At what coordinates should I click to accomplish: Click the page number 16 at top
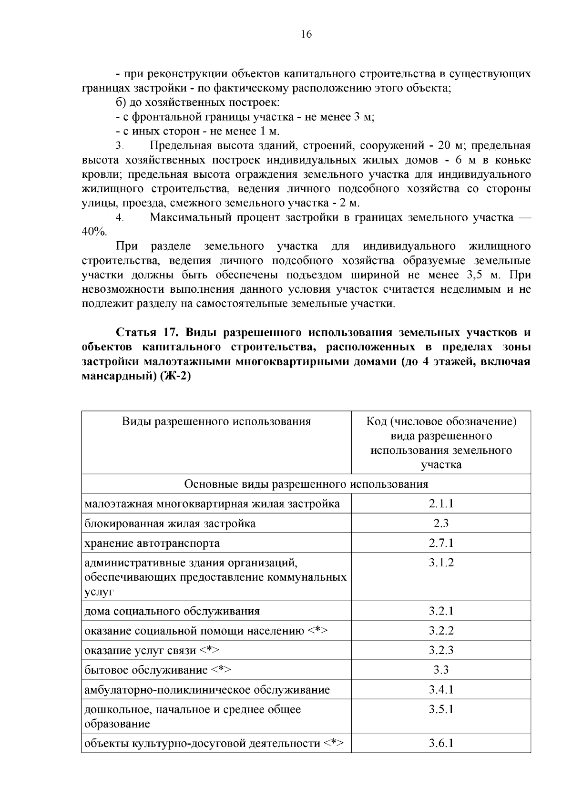coord(306,34)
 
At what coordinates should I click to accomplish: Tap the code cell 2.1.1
coord(441,504)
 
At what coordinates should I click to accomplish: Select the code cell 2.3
coord(441,523)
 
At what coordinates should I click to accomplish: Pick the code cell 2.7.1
coord(441,543)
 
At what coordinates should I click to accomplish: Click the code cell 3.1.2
coord(441,563)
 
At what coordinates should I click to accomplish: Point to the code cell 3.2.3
coord(441,651)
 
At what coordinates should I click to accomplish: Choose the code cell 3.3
coord(441,670)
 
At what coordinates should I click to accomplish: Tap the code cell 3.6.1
coord(441,743)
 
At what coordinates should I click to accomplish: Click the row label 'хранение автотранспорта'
coord(152,543)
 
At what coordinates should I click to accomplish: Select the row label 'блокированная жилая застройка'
coord(170,524)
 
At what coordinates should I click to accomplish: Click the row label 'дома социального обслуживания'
coord(172,612)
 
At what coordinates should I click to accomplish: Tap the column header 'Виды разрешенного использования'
coord(216,421)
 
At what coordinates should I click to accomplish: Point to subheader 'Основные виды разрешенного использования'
coord(306,484)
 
